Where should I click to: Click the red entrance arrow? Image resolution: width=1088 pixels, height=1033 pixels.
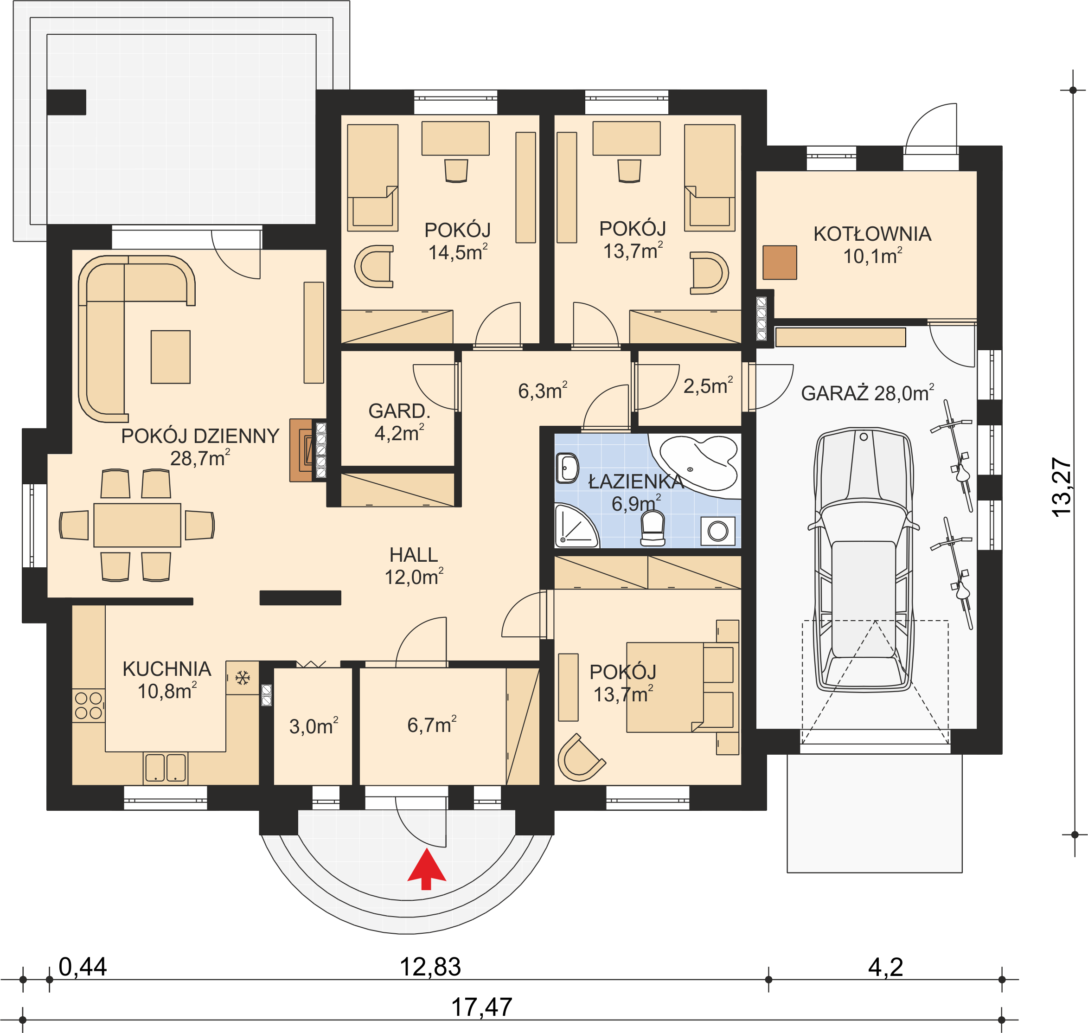[x=426, y=869]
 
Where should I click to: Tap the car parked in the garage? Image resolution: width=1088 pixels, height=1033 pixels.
[x=864, y=559]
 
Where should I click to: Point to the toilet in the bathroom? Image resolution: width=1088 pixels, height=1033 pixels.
[x=653, y=528]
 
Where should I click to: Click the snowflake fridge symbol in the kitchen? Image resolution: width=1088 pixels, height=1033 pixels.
[x=242, y=678]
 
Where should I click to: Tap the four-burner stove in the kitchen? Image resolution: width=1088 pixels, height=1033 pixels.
[x=89, y=706]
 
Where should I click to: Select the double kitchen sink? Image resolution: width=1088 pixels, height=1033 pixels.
[x=165, y=768]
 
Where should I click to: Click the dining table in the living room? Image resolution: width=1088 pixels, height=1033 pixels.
[x=137, y=525]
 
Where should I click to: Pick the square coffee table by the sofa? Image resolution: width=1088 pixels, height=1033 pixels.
[x=171, y=357]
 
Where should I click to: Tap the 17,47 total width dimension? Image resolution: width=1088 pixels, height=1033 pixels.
[x=482, y=1007]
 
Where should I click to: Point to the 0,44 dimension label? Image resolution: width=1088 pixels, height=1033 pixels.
[x=83, y=967]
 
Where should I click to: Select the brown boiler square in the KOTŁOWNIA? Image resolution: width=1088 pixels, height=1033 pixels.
[x=780, y=262]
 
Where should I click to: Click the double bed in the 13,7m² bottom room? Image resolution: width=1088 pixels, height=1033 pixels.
[x=682, y=687]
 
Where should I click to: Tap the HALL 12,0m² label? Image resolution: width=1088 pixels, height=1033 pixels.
[x=414, y=566]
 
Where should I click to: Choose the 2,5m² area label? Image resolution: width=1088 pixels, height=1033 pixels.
[x=708, y=385]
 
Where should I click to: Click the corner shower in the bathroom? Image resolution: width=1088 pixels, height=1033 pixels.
[x=576, y=526]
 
